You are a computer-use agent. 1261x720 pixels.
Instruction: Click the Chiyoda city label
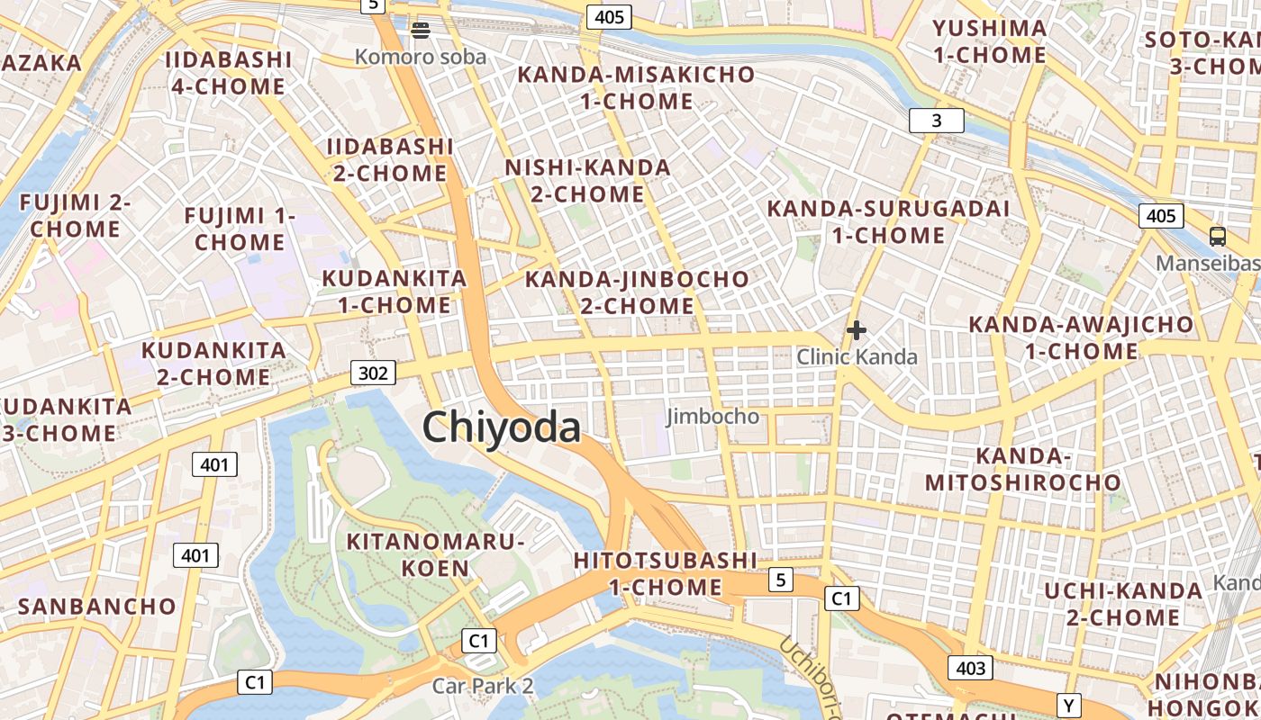(x=502, y=427)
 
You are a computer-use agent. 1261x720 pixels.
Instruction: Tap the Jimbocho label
(x=712, y=417)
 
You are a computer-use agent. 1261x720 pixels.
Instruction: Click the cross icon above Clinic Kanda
(x=857, y=330)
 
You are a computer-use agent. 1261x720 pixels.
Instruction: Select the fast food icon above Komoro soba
(x=420, y=30)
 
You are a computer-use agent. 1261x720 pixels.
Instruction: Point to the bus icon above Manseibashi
(x=1218, y=237)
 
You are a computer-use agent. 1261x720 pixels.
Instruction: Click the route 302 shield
(x=372, y=373)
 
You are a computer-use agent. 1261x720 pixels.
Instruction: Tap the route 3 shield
(x=936, y=121)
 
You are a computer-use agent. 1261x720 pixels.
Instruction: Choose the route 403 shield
(x=970, y=668)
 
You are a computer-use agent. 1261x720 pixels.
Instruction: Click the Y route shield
(x=1069, y=705)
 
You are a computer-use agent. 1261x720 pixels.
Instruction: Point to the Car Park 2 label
(x=483, y=686)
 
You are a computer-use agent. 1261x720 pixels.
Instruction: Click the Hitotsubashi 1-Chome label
(x=666, y=574)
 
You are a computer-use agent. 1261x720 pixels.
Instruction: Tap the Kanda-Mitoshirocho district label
(x=1022, y=469)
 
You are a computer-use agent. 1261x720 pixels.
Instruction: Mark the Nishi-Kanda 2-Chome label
(x=587, y=180)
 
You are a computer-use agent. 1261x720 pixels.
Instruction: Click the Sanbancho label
(x=97, y=606)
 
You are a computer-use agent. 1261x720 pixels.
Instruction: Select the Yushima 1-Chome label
(x=990, y=41)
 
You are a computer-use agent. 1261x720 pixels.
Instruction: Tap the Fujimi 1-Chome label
(x=240, y=229)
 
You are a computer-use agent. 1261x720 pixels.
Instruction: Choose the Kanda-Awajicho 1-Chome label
(x=1081, y=337)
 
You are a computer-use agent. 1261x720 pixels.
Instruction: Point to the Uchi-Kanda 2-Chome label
(x=1123, y=604)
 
